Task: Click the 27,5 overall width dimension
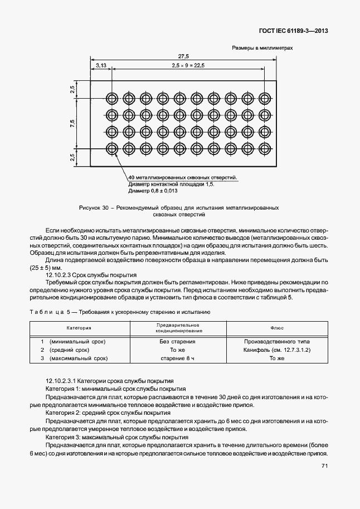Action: tap(183, 56)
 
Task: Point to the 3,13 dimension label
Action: tap(101, 65)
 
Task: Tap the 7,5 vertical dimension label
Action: tap(72, 123)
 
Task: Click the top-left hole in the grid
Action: tap(112, 98)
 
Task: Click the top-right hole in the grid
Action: tap(265, 98)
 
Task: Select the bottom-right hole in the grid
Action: tap(265, 149)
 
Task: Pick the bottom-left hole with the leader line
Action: tap(112, 149)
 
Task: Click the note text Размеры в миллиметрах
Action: tap(262, 48)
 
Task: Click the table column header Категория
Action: tap(79, 329)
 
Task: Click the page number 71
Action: tap(324, 468)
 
